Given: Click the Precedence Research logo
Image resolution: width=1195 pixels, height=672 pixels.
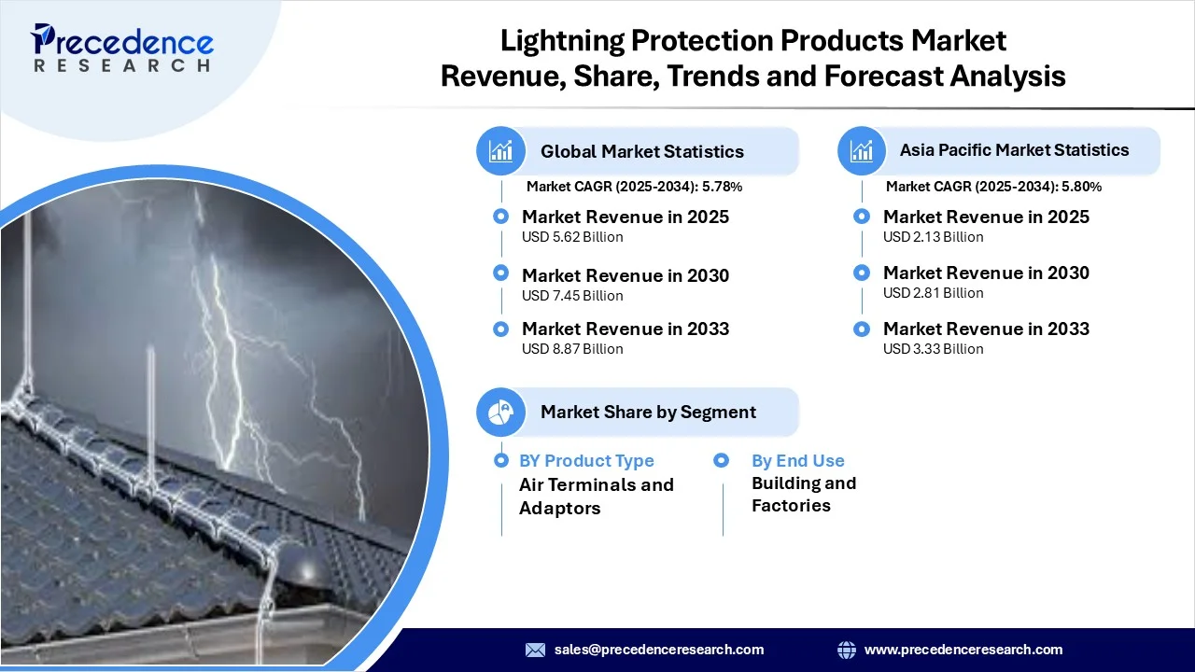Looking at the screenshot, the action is coord(121,48).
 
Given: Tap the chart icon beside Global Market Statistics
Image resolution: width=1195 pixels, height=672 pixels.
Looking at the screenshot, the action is coord(500,151).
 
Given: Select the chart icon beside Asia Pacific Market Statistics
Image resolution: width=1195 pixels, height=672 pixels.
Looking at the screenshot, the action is coord(862,151).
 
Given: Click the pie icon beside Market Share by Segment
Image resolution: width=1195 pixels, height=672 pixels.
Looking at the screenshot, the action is coord(500,412).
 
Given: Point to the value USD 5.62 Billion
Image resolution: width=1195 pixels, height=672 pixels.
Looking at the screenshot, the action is coord(572,237).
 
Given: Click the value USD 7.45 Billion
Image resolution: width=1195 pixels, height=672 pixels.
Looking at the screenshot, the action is coord(572,296).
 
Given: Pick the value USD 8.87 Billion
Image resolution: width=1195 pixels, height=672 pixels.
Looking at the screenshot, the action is coord(572,349).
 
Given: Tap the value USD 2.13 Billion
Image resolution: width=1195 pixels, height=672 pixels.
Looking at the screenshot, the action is coord(933,237).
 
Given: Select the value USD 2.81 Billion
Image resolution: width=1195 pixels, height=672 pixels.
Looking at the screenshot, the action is coord(933,293).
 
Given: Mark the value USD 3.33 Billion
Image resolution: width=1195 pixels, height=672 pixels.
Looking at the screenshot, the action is coord(933,349).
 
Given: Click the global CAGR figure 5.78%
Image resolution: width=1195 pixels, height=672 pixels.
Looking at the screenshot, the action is coord(723,187).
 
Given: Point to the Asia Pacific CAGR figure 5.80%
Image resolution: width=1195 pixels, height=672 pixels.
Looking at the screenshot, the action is coord(1081,187).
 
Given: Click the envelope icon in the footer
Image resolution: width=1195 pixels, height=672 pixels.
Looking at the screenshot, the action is coord(535,650).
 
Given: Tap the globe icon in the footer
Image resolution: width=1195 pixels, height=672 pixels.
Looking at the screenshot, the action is coord(847,650).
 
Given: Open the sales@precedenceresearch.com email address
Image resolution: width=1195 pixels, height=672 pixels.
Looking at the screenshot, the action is coord(659,650).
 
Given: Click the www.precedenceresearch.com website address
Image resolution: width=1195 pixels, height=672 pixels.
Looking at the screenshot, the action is coord(963,650).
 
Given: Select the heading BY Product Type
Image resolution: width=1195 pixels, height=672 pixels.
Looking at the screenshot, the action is coord(586,461).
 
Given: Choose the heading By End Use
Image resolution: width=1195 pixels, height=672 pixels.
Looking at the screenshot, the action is coord(798,461).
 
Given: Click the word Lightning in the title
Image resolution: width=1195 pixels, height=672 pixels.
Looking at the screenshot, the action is coord(562,41).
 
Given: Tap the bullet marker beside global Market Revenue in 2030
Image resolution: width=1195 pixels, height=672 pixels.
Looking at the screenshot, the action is coord(500,273).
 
